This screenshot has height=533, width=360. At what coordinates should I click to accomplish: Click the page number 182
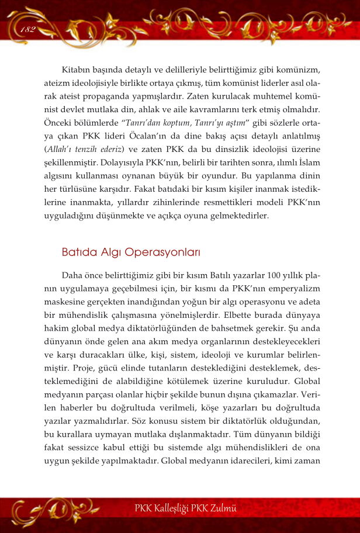[x=27, y=30]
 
